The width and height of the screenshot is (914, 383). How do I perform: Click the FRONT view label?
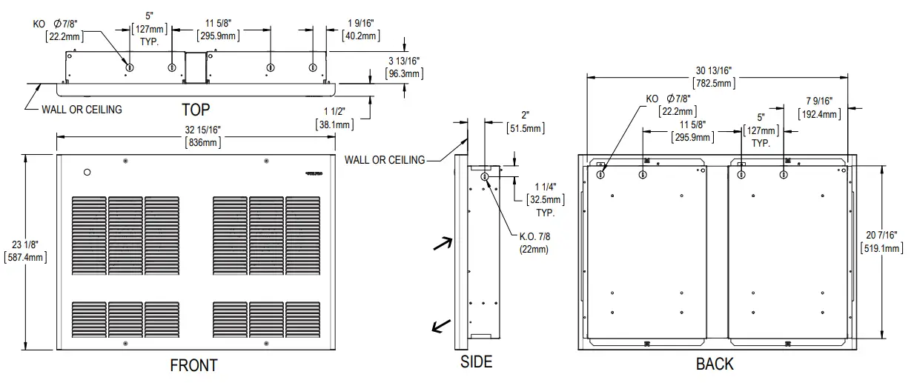[193, 365]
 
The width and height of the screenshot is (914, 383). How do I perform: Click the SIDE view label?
[475, 362]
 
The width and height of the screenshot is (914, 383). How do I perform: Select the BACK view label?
[715, 364]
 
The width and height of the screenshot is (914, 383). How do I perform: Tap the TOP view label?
[196, 110]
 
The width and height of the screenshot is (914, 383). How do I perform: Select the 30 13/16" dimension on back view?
[715, 69]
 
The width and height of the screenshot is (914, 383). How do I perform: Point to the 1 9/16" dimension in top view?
[360, 23]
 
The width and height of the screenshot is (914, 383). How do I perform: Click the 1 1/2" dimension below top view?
[332, 111]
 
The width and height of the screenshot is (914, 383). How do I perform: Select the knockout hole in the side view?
[484, 177]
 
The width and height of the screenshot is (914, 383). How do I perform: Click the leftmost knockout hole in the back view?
[600, 175]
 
